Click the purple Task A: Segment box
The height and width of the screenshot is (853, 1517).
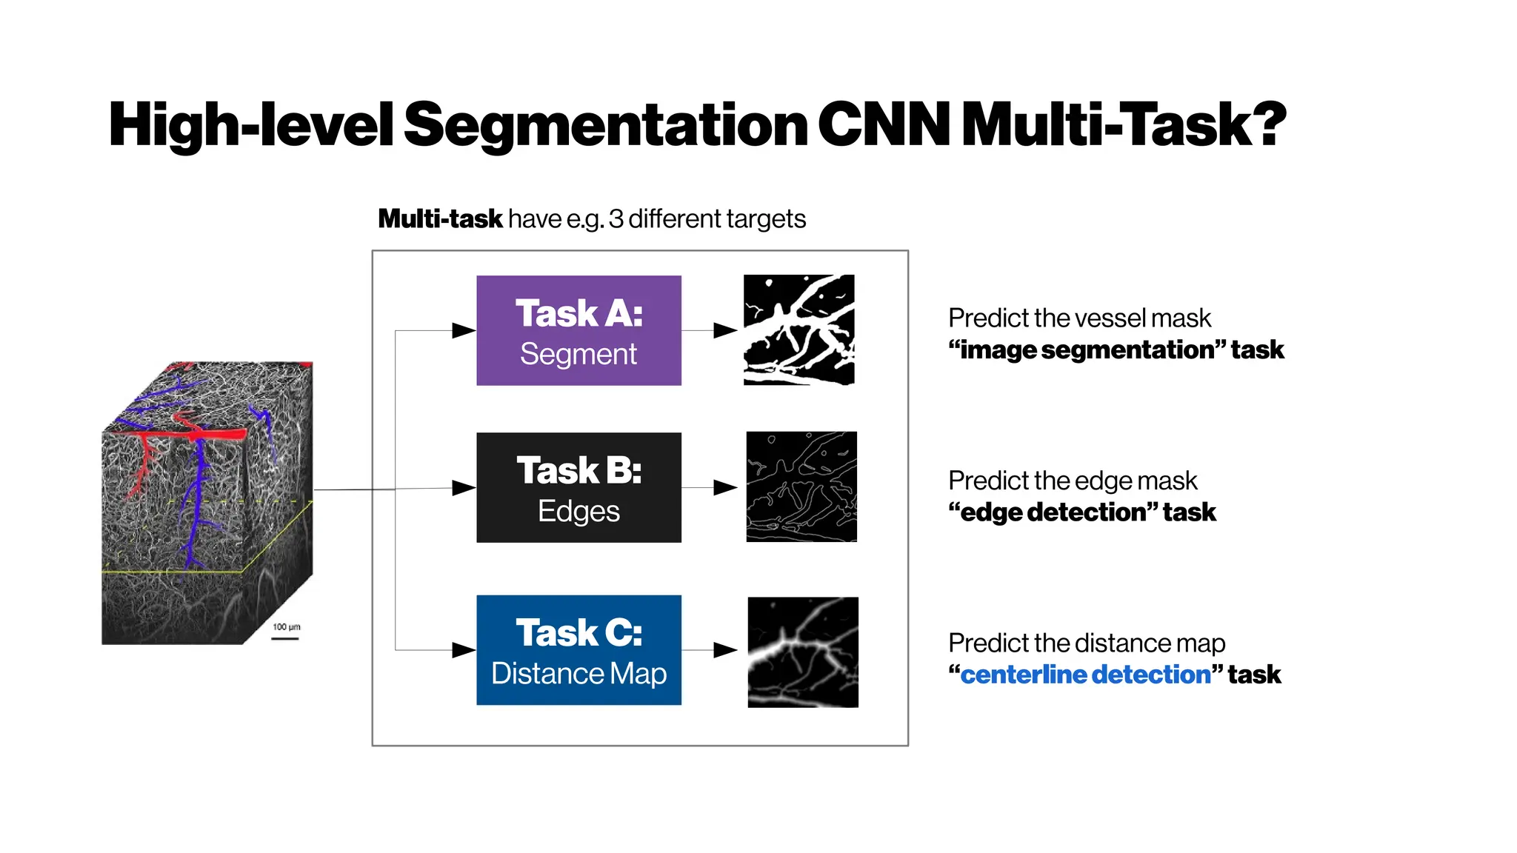click(x=579, y=330)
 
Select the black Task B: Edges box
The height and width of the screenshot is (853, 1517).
click(x=579, y=487)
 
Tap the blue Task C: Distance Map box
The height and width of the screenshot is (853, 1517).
click(x=579, y=650)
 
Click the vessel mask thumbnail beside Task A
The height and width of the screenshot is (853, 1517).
click(x=798, y=330)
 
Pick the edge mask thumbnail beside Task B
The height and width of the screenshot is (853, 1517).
click(x=801, y=487)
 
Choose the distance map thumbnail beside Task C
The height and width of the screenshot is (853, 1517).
click(x=803, y=652)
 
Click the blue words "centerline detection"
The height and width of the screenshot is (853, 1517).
click(x=1085, y=675)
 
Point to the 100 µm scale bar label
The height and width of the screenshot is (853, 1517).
click(x=286, y=627)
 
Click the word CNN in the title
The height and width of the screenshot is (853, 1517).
click(x=884, y=124)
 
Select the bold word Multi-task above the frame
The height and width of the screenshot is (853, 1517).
click(x=440, y=219)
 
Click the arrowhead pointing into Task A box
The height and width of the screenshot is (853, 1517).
click(x=464, y=330)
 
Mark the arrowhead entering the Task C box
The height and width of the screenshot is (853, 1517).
click(x=464, y=650)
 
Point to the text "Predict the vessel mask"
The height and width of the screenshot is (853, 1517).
click(x=1079, y=318)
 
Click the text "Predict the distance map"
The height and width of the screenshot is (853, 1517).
click(x=1087, y=643)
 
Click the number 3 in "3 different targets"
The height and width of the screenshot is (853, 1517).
click(x=616, y=219)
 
